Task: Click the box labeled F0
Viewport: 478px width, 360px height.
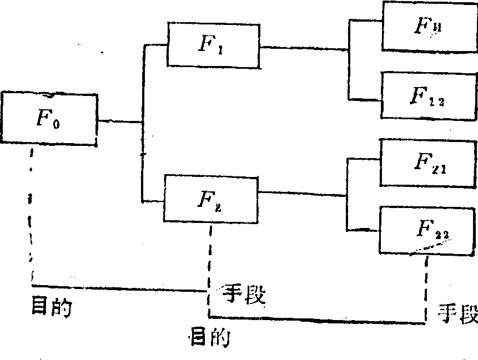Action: pyautogui.click(x=49, y=119)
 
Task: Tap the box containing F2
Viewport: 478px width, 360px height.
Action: pyautogui.click(x=211, y=198)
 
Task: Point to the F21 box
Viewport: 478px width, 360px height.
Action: pyautogui.click(x=428, y=163)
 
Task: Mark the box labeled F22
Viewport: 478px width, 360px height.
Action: pyautogui.click(x=428, y=229)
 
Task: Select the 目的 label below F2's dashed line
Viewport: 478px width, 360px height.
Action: pyautogui.click(x=210, y=337)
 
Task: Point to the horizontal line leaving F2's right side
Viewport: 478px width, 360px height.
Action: pyautogui.click(x=303, y=194)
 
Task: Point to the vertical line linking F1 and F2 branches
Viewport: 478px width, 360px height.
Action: pyautogui.click(x=143, y=122)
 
